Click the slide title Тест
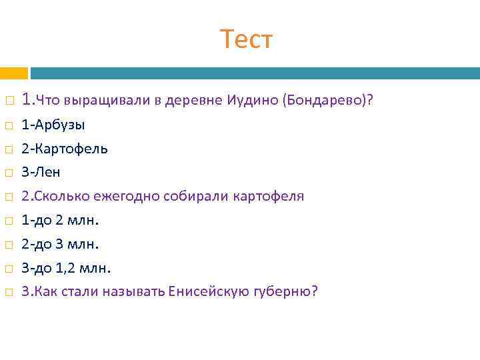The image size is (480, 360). click(246, 40)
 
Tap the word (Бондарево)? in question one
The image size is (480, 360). click(327, 101)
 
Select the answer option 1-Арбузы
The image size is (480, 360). click(53, 125)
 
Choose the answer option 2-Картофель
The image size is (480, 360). click(65, 149)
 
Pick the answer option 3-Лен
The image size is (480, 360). click(41, 173)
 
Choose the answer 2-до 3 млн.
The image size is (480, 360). click(60, 244)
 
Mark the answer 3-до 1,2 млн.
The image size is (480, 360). click(66, 268)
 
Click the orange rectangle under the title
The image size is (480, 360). click(13, 73)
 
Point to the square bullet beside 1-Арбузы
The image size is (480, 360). click(9, 125)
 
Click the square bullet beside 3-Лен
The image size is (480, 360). click(9, 173)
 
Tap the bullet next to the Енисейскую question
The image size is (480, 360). click(9, 293)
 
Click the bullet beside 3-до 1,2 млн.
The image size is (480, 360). click(9, 269)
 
